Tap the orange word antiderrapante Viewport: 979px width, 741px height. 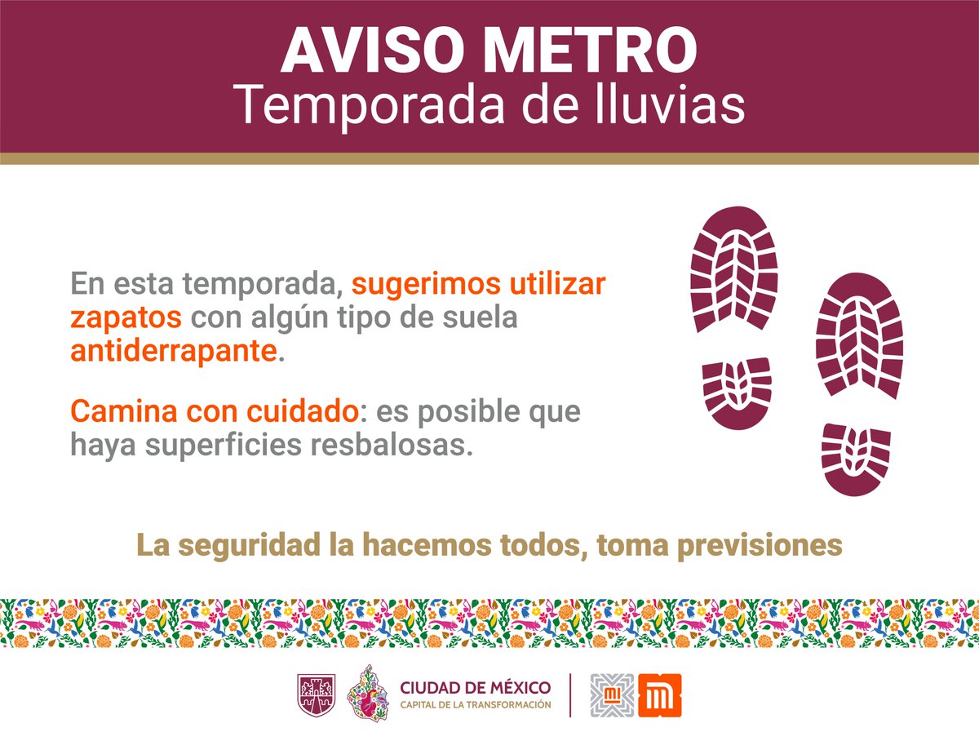pyautogui.click(x=174, y=352)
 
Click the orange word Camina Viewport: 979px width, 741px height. pyautogui.click(x=123, y=411)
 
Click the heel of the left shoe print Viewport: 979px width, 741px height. pyautogui.click(x=737, y=392)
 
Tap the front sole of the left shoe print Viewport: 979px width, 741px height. pyautogui.click(x=733, y=269)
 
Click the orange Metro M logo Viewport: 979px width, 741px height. pyautogui.click(x=659, y=694)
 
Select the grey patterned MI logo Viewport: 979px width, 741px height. pyautogui.click(x=612, y=694)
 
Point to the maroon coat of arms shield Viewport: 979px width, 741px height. pyautogui.click(x=314, y=694)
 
